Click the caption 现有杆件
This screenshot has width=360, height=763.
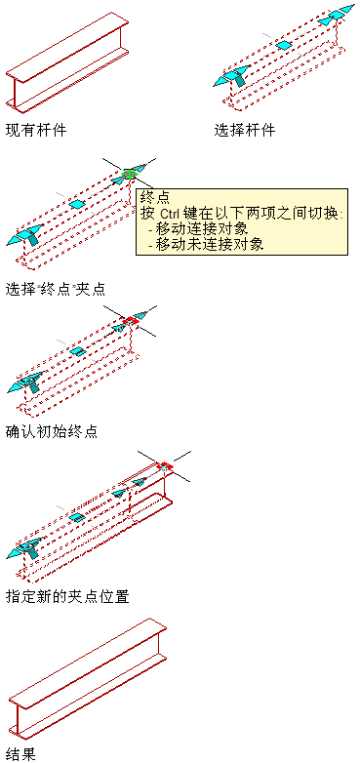tap(36, 130)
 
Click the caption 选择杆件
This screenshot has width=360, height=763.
tap(245, 130)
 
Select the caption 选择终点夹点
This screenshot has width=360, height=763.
tap(56, 289)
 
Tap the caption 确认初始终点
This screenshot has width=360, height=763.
tap(52, 431)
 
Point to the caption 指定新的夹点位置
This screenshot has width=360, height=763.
tap(67, 596)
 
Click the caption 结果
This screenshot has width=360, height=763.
tap(20, 755)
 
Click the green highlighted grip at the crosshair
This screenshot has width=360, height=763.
tap(130, 174)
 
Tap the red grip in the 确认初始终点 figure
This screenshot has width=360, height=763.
tap(131, 321)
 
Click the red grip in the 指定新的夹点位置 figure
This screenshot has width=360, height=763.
tap(165, 466)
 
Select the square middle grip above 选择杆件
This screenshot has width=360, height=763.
tap(284, 45)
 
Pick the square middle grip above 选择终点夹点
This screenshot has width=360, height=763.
tap(76, 204)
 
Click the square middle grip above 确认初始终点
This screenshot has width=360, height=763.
tap(76, 350)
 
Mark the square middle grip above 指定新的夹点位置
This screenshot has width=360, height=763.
tap(76, 517)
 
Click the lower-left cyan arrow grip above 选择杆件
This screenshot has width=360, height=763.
tap(232, 76)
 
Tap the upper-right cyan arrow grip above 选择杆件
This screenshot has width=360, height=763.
tap(337, 14)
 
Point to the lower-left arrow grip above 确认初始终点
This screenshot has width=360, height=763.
tap(25, 381)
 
